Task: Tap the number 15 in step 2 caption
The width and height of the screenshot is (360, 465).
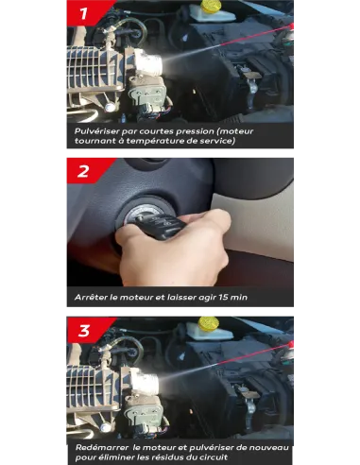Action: click(223, 297)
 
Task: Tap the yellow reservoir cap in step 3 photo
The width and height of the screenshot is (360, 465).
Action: click(209, 323)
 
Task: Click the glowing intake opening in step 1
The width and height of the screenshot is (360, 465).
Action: click(150, 62)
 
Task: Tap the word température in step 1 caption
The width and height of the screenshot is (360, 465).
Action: click(155, 141)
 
